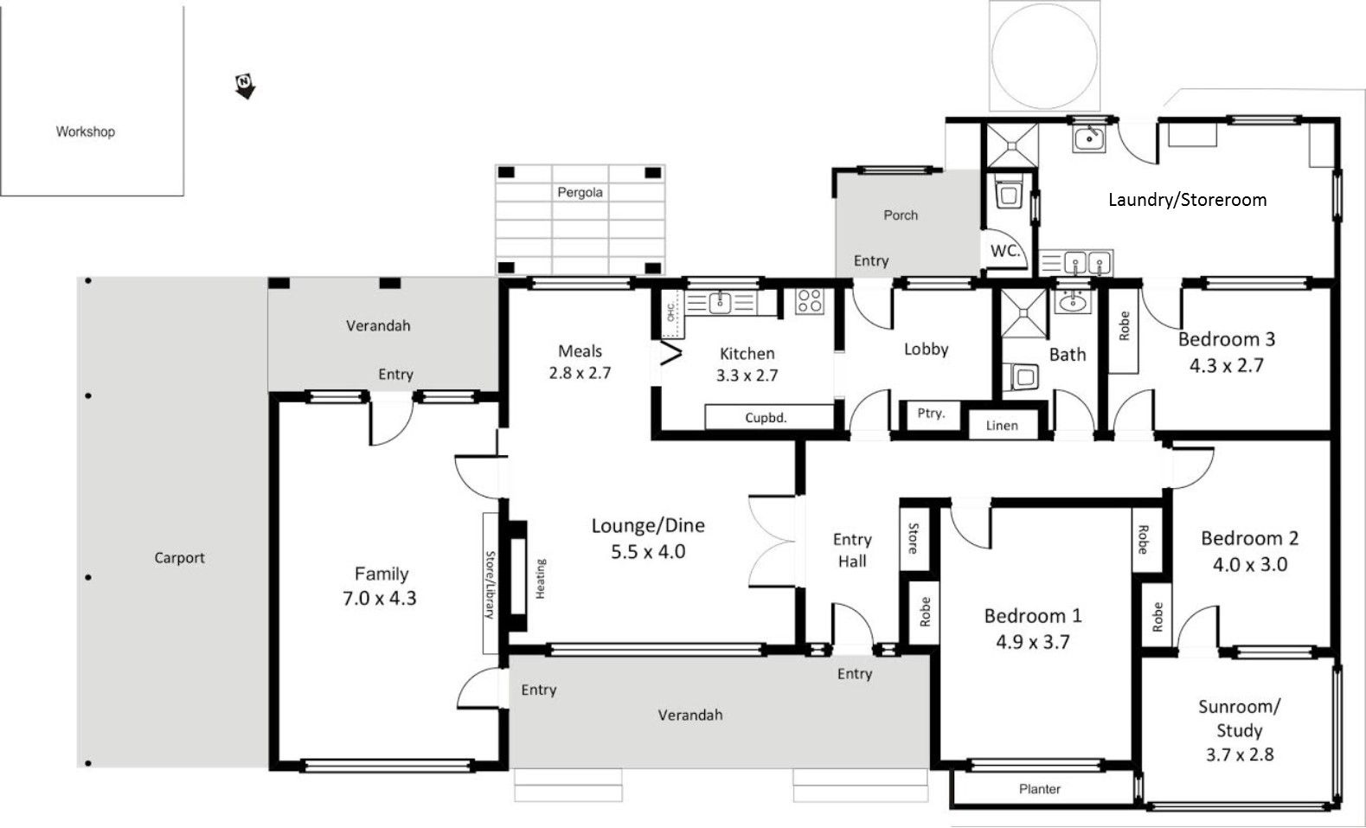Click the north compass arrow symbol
pyautogui.click(x=245, y=87)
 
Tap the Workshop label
pyautogui.click(x=86, y=132)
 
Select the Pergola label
pyautogui.click(x=580, y=193)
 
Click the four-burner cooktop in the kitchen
pyautogui.click(x=809, y=301)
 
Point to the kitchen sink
pyautogui.click(x=721, y=303)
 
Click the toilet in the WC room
pyautogui.click(x=1008, y=193)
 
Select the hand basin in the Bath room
pyautogui.click(x=1073, y=300)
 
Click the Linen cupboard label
pyautogui.click(x=1002, y=426)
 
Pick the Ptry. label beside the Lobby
pyautogui.click(x=931, y=414)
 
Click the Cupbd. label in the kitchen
pyautogui.click(x=766, y=418)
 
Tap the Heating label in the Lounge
pyautogui.click(x=541, y=579)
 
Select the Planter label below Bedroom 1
pyautogui.click(x=1040, y=789)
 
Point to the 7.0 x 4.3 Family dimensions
pyautogui.click(x=379, y=599)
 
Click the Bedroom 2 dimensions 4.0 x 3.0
pyautogui.click(x=1250, y=565)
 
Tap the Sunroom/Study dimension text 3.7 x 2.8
pyautogui.click(x=1240, y=754)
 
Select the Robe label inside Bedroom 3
pyautogui.click(x=1124, y=325)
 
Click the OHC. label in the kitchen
pyautogui.click(x=670, y=311)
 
